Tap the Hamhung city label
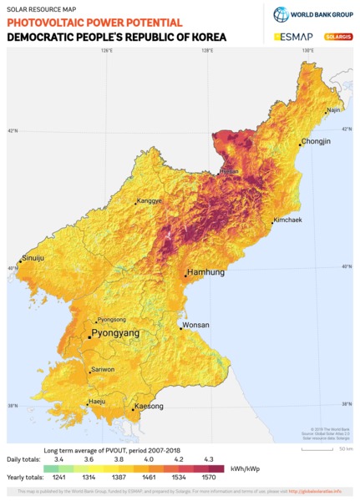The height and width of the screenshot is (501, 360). click(x=205, y=272)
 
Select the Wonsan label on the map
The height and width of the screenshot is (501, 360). click(x=195, y=325)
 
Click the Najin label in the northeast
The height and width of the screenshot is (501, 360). click(x=333, y=109)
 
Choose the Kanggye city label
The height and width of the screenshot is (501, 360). click(x=150, y=200)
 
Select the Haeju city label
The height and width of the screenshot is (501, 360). click(x=97, y=402)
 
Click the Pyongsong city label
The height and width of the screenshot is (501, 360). click(x=111, y=319)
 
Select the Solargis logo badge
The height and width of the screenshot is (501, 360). click(x=336, y=38)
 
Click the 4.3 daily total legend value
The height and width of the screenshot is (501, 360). click(x=206, y=460)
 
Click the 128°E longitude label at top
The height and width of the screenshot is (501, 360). click(x=205, y=51)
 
